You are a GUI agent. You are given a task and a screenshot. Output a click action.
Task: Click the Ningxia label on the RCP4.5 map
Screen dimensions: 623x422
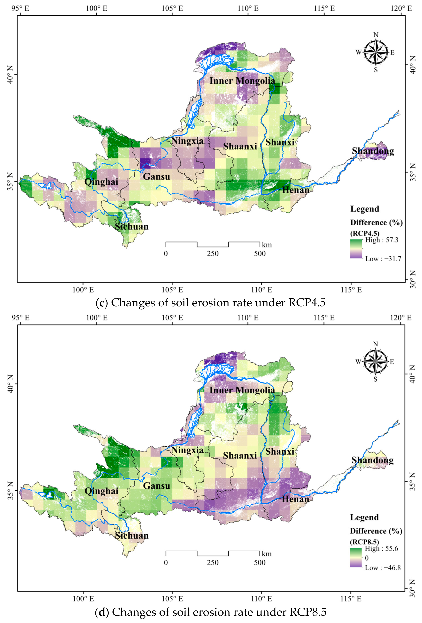(187, 141)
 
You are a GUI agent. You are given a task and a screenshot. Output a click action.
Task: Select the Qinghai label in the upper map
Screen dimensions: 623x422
(101, 182)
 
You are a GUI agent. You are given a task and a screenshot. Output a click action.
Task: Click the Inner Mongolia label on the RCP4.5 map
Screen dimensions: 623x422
(242, 81)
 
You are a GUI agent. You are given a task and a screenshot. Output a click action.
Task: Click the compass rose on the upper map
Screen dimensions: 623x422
(376, 52)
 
